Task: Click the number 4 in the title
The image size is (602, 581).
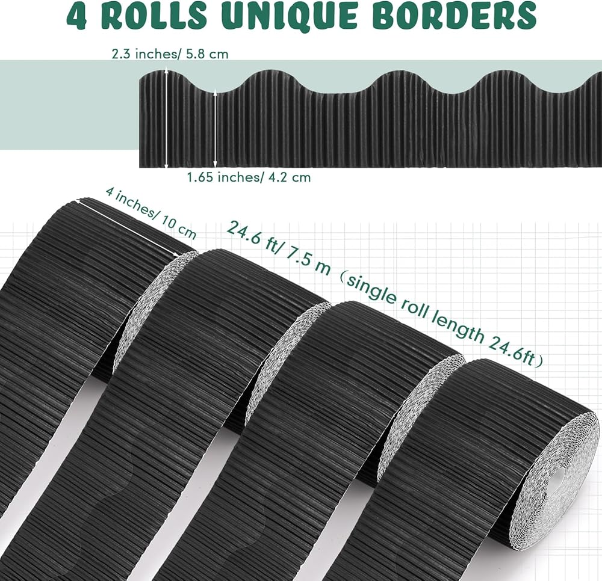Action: point(77,16)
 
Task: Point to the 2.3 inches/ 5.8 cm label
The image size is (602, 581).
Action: point(170,54)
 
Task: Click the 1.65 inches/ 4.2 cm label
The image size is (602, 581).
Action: point(249,177)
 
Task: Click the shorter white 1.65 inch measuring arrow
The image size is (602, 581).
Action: point(215,128)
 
